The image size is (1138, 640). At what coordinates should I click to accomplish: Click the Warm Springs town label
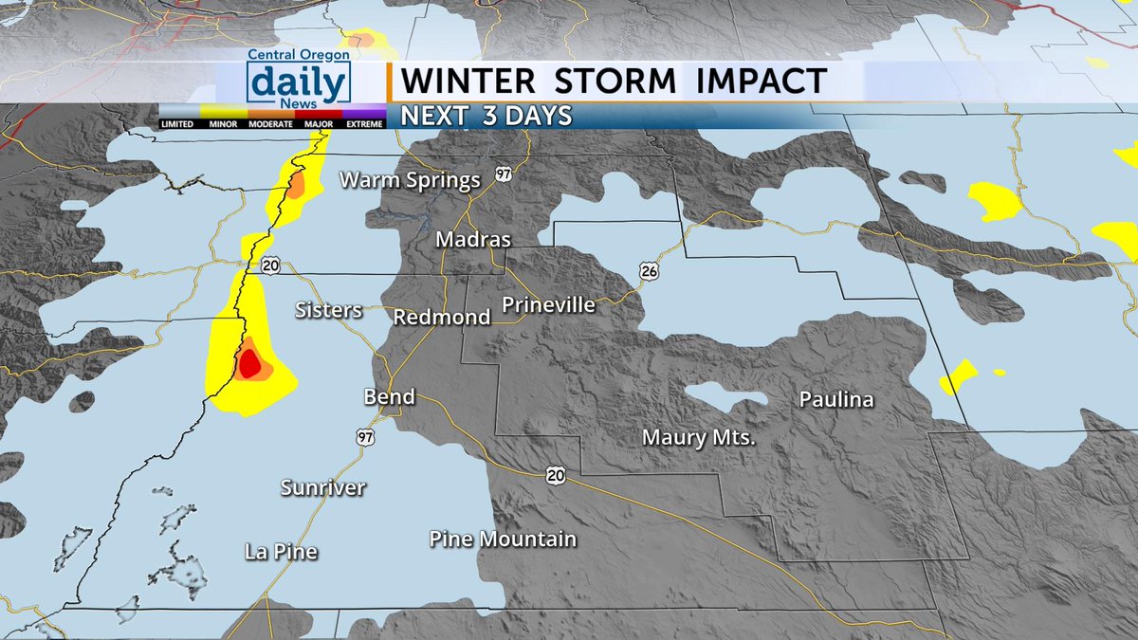[x=411, y=180]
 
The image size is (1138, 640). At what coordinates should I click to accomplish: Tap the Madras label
[x=473, y=240]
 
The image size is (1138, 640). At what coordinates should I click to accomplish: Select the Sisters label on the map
[x=328, y=310]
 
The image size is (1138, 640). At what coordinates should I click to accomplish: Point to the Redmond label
[x=441, y=317]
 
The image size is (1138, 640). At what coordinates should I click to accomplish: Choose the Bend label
[x=390, y=396]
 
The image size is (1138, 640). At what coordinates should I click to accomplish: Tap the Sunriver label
[x=323, y=487]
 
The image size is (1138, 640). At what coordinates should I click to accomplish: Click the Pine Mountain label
[x=503, y=539]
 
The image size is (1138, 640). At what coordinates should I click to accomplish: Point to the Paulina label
[x=835, y=400]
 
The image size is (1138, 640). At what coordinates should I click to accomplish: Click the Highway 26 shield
[x=649, y=272]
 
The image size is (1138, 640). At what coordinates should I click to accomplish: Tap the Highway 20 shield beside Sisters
[x=271, y=266]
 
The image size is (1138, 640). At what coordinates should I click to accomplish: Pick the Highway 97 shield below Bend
[x=366, y=437]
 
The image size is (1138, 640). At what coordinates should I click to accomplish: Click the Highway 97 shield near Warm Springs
[x=502, y=175]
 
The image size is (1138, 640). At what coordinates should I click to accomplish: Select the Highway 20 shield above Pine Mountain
[x=555, y=474]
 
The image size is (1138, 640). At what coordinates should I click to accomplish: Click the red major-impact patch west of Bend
[x=249, y=362]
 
